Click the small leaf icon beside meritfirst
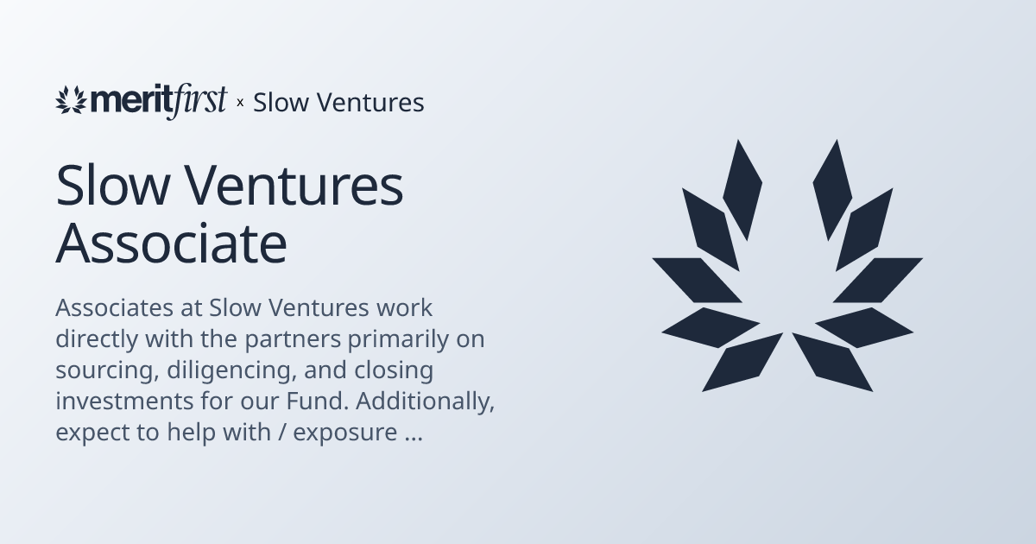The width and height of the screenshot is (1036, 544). click(x=72, y=101)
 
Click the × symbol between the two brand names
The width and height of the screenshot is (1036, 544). click(x=240, y=103)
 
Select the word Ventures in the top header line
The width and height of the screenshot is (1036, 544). click(x=370, y=103)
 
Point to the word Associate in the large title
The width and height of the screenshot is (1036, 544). click(x=171, y=244)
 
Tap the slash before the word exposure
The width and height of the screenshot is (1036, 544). click(x=281, y=433)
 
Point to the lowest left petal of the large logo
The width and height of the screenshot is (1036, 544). click(x=742, y=362)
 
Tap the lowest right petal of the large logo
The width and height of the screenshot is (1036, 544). click(x=832, y=362)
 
